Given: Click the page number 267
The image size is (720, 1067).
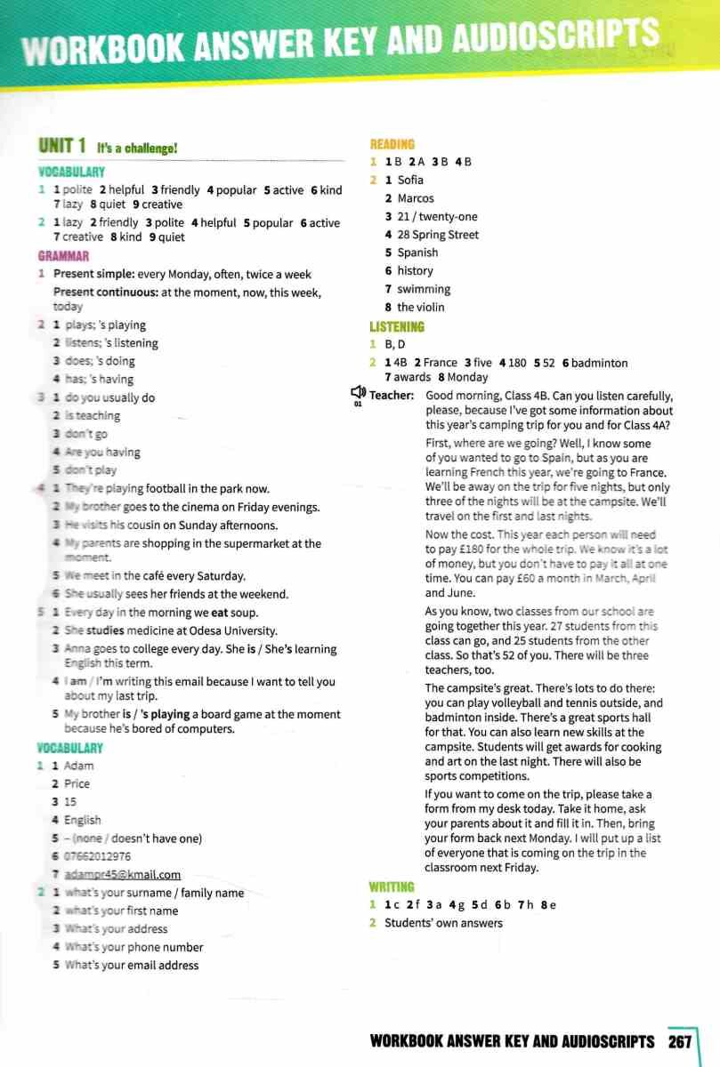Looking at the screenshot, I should (681, 1041).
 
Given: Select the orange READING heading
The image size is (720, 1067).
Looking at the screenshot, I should (392, 144).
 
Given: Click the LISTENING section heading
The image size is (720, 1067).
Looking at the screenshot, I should (397, 326).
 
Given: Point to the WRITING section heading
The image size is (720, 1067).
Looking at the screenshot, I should (392, 886).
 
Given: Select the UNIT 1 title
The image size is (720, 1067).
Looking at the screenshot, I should (61, 146).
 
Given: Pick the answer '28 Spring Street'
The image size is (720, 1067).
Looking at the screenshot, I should (438, 235).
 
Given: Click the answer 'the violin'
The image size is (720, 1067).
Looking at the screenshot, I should (421, 307).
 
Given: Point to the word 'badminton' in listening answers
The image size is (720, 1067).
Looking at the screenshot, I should (599, 363).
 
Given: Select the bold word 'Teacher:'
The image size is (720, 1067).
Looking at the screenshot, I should (392, 396).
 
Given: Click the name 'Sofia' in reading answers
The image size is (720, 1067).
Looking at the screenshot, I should (410, 181).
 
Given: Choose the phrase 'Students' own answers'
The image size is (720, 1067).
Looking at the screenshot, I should (443, 923).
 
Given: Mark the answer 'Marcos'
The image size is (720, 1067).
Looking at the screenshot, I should (416, 198).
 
